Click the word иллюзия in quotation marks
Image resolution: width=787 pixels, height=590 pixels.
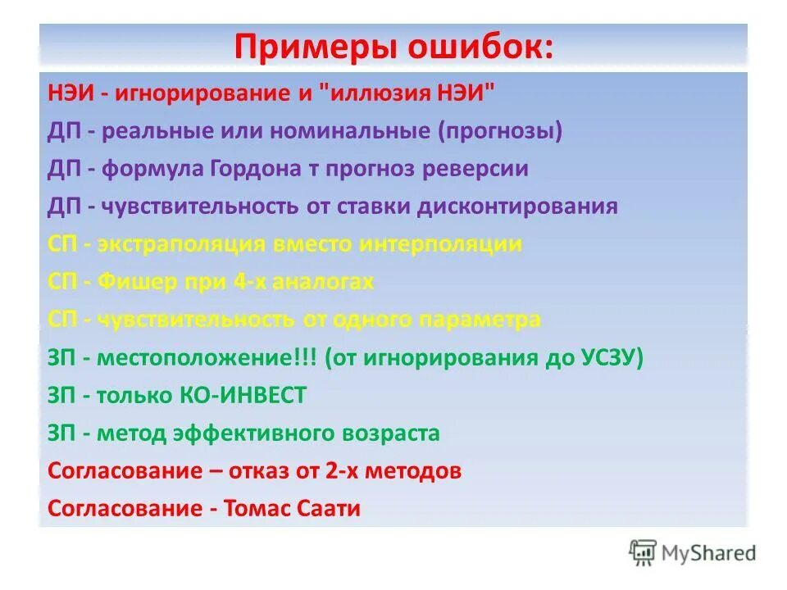click(374, 93)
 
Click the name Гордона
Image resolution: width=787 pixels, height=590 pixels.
click(274, 169)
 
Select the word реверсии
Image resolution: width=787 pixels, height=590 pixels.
click(480, 169)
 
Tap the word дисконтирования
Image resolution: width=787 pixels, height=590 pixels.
click(517, 206)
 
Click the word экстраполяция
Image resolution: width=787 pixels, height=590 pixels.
click(177, 244)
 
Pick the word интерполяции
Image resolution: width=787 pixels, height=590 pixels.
click(442, 244)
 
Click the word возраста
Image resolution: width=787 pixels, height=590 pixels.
click(387, 433)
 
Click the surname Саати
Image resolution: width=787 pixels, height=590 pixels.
click(326, 509)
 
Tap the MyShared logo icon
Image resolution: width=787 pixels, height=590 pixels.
click(644, 551)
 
